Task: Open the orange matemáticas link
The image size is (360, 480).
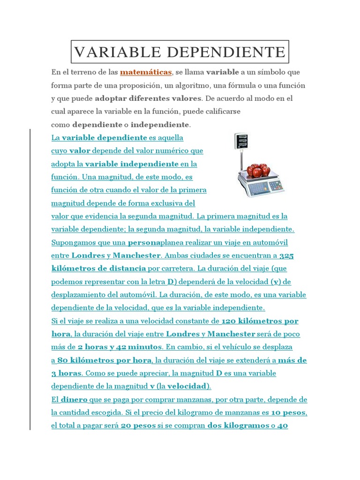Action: coord(146,73)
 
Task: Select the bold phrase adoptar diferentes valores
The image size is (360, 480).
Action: coord(148,99)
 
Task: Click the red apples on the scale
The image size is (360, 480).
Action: coord(257,169)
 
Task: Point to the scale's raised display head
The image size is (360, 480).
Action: coord(241,141)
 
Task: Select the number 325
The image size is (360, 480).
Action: coord(286,256)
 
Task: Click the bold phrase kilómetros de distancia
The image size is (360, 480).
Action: coord(98,269)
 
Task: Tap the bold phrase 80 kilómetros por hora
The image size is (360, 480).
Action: coord(104,360)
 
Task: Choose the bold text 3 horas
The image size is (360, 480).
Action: coord(66,374)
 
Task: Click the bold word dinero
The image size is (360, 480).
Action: coord(75,400)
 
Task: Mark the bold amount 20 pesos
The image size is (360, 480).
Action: coord(138,426)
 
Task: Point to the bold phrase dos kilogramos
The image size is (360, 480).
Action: coord(237,426)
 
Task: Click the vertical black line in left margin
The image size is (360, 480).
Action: coord(30,281)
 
